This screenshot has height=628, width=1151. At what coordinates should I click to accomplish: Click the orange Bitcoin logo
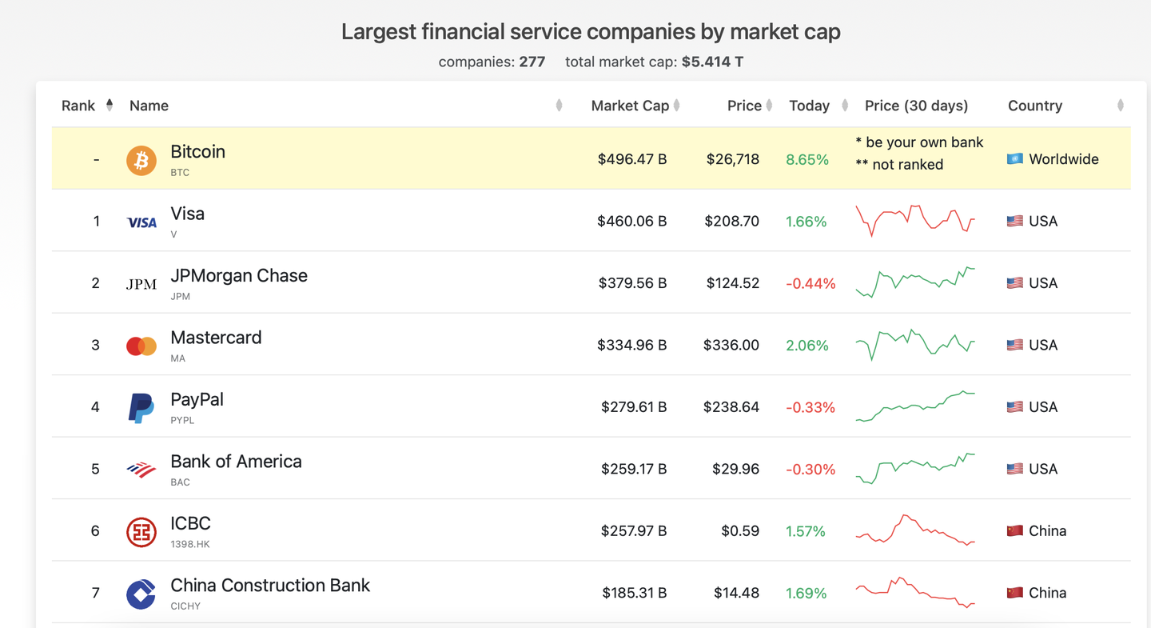(141, 160)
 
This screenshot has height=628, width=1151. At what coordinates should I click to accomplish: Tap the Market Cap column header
(630, 106)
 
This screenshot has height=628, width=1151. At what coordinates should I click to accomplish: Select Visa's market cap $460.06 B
(631, 222)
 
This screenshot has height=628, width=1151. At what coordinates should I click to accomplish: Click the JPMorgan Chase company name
(239, 276)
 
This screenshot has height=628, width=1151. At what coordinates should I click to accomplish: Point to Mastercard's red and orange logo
(141, 346)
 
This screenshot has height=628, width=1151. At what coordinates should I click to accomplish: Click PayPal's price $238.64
(731, 407)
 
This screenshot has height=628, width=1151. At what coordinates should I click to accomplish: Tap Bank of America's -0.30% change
(810, 470)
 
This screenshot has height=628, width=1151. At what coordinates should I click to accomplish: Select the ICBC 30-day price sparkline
(915, 530)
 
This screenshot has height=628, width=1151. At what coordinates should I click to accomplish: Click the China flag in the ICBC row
(1015, 531)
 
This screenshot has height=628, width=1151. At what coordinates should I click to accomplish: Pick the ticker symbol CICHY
(185, 606)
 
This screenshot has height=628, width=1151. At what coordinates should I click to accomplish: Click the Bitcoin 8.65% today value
(806, 159)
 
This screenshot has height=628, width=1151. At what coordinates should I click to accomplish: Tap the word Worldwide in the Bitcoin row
(1063, 159)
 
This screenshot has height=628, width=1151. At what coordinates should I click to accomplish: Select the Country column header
(1034, 106)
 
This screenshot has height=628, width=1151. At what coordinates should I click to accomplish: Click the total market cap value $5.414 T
(712, 62)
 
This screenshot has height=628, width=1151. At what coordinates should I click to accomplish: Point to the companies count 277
(532, 62)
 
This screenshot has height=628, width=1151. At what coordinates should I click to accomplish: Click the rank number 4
(95, 407)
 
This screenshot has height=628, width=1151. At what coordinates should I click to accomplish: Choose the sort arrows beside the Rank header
(110, 105)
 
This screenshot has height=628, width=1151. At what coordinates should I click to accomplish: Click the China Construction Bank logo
(141, 594)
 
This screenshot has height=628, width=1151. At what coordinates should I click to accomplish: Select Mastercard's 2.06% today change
(806, 346)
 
